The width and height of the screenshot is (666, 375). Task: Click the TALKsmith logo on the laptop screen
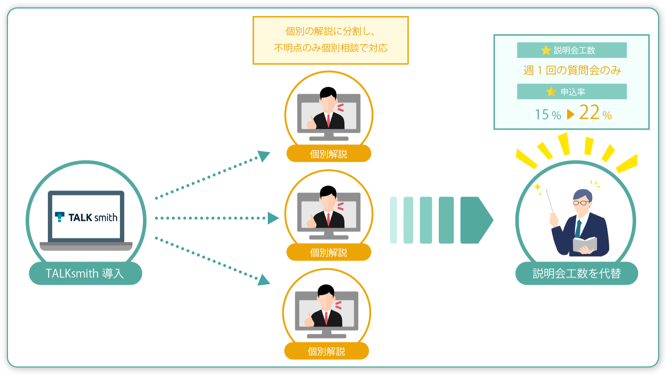coord(86,217)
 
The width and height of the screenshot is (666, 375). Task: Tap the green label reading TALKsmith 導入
coord(85,273)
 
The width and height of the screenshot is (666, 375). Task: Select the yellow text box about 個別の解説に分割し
coord(331,40)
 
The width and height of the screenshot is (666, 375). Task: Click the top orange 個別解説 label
coord(328,153)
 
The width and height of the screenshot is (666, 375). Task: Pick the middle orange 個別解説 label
coord(328,252)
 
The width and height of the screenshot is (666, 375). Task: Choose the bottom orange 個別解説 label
coord(326,351)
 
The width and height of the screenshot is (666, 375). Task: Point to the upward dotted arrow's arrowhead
coord(264,156)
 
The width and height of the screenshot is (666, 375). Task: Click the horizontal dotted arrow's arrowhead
coord(273,218)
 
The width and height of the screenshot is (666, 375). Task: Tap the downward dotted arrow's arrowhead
coord(264,280)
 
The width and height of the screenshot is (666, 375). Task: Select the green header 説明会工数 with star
coord(572,50)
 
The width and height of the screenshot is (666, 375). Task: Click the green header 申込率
coord(572,91)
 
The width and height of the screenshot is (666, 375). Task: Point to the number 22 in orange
coord(589,112)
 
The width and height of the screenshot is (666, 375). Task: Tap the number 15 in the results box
coord(542,115)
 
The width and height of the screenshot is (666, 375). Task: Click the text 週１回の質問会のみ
coord(572,70)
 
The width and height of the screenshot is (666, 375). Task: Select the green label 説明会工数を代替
coord(577,273)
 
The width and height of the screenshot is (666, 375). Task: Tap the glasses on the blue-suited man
coord(581,203)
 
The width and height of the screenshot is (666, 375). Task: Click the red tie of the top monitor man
coord(328,120)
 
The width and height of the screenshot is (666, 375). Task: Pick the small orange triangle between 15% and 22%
coord(571,114)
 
